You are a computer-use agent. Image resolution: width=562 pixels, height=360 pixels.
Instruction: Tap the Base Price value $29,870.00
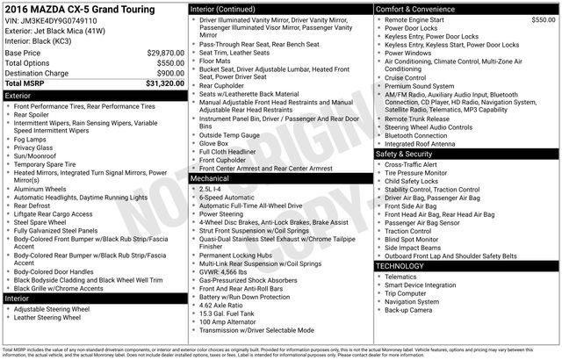[x=160, y=53]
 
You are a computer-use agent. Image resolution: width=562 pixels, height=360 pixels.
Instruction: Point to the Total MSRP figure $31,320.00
[x=159, y=84]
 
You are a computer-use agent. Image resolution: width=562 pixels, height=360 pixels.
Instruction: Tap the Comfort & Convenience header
[x=419, y=9]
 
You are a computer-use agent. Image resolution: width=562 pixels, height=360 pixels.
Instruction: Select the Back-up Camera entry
[x=407, y=309]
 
